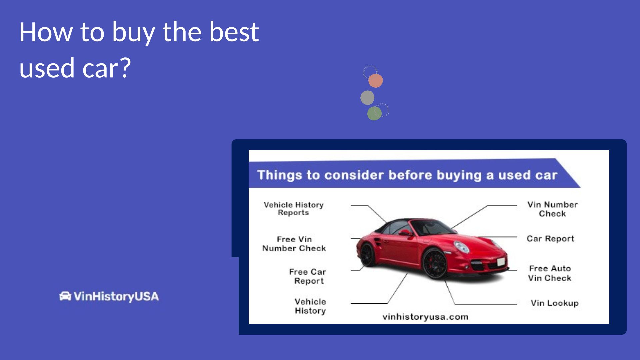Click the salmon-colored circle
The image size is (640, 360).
[x=376, y=81]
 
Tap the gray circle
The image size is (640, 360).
[x=367, y=98]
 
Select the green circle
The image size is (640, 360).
[x=374, y=113]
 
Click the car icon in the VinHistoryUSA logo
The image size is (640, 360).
[x=65, y=296]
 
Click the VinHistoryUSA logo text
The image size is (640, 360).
[x=116, y=296]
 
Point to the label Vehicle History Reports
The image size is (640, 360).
[x=294, y=209]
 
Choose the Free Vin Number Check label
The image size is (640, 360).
[x=294, y=244]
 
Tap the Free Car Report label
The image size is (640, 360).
[x=308, y=276]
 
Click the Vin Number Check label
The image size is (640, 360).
[x=552, y=209]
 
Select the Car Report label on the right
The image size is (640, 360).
[x=550, y=239]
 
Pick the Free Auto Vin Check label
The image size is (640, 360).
[x=550, y=273]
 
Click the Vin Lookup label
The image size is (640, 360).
[x=555, y=303]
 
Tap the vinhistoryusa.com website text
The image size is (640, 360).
[x=425, y=317]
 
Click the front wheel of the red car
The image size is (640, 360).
[x=435, y=264]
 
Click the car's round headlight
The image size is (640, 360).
[x=462, y=247]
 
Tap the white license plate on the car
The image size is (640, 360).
[x=501, y=262]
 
